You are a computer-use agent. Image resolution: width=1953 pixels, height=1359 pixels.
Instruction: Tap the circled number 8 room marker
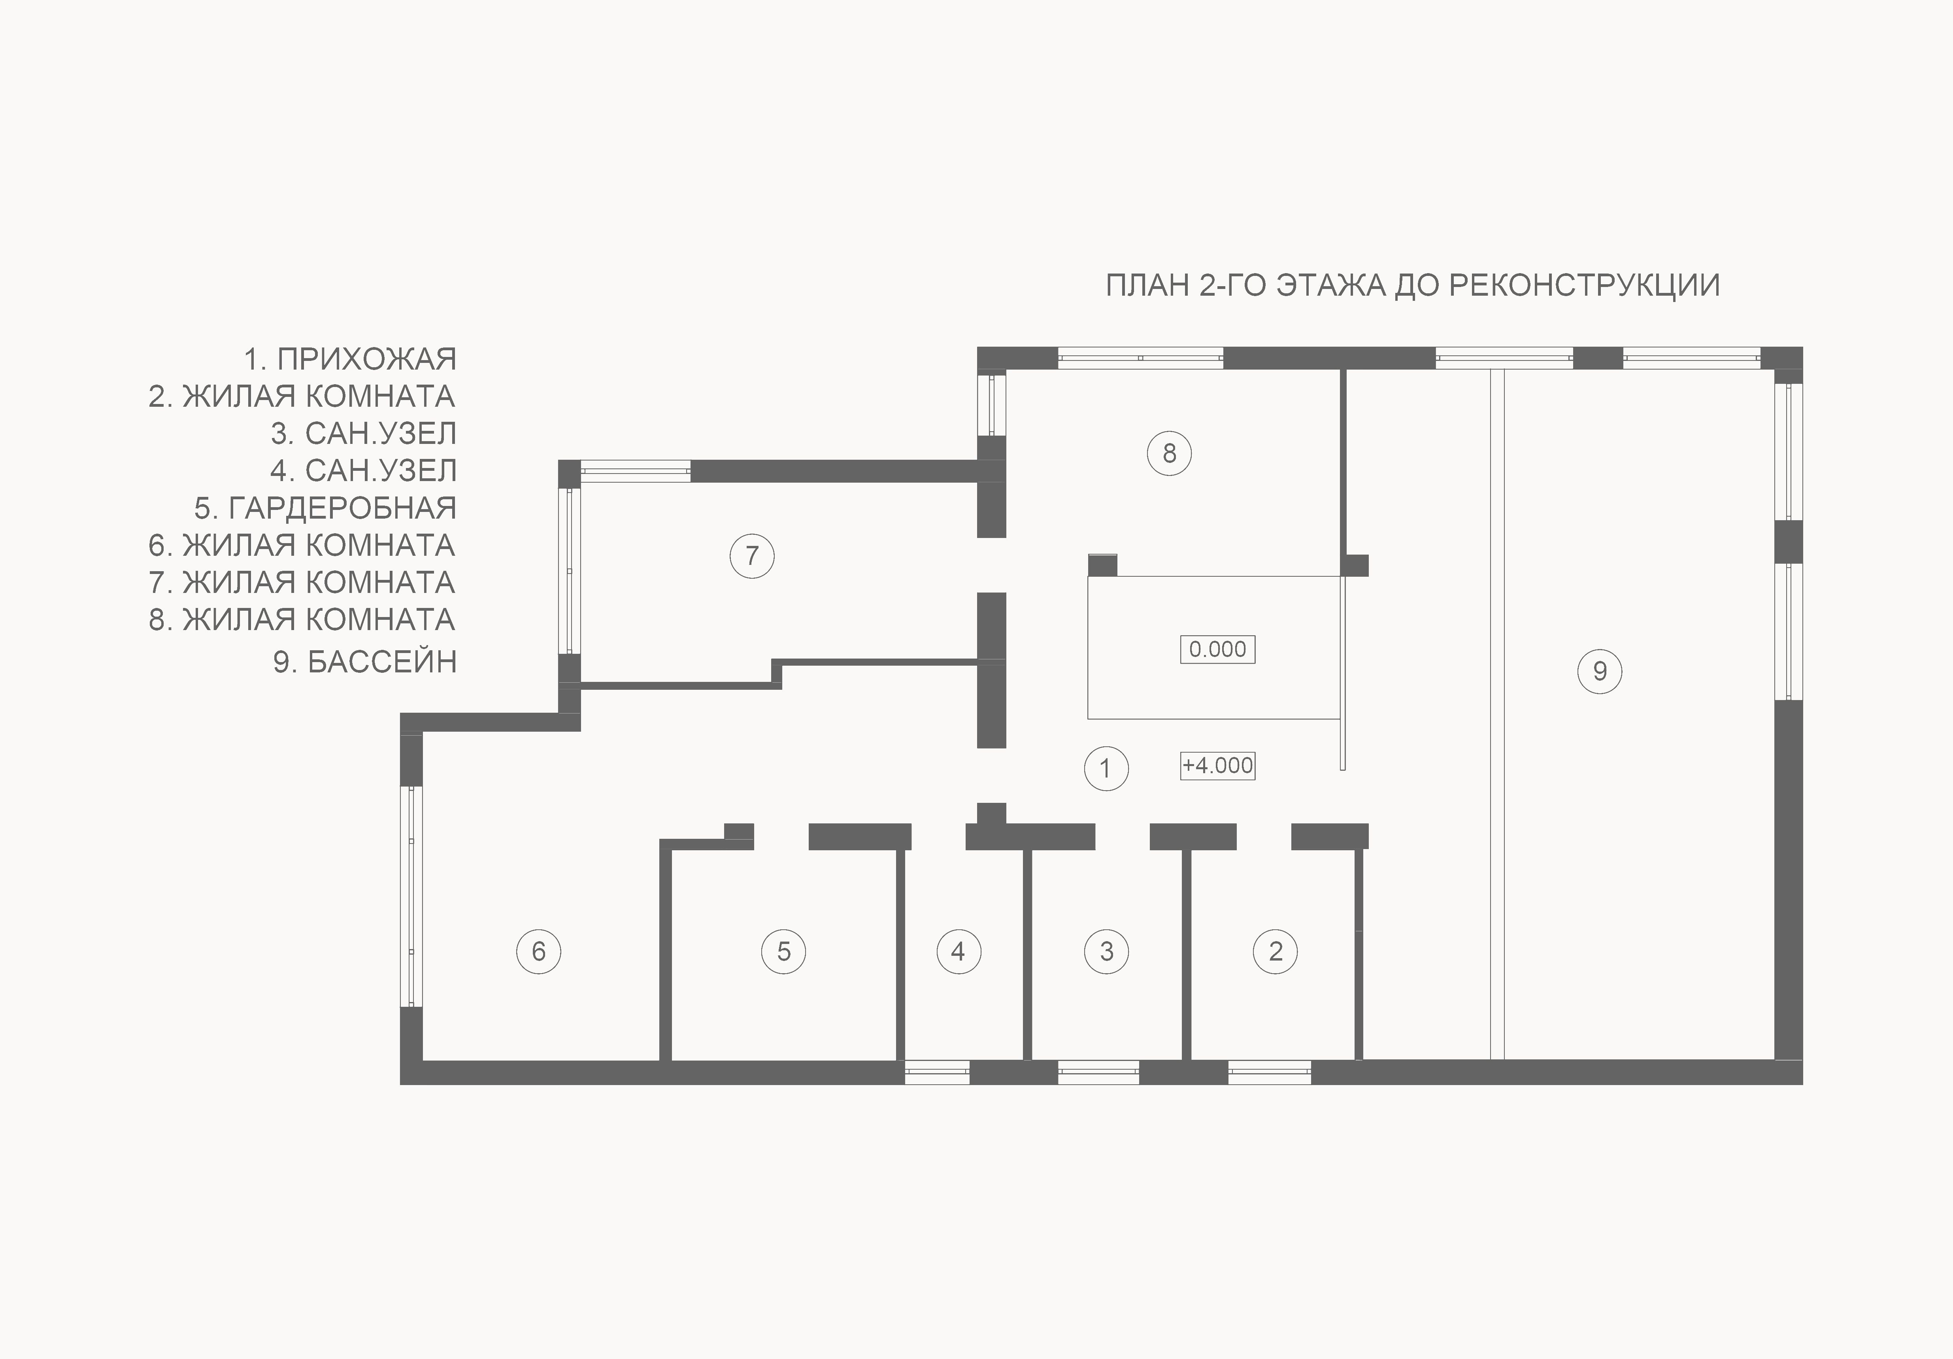tap(1169, 453)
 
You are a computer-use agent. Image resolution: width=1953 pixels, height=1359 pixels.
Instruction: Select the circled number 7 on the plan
tap(752, 556)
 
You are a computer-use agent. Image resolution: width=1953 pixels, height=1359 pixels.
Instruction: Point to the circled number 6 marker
tap(538, 951)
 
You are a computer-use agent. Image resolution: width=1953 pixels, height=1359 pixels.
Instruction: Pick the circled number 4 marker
tap(959, 951)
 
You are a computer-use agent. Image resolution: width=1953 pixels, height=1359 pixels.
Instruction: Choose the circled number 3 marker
tap(1107, 951)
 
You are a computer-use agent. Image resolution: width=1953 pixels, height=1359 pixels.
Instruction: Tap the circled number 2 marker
tap(1275, 951)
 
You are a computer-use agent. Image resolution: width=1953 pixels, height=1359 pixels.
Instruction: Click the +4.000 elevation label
tap(1217, 765)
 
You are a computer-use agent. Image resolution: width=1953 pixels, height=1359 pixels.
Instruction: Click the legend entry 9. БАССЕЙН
tap(365, 662)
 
